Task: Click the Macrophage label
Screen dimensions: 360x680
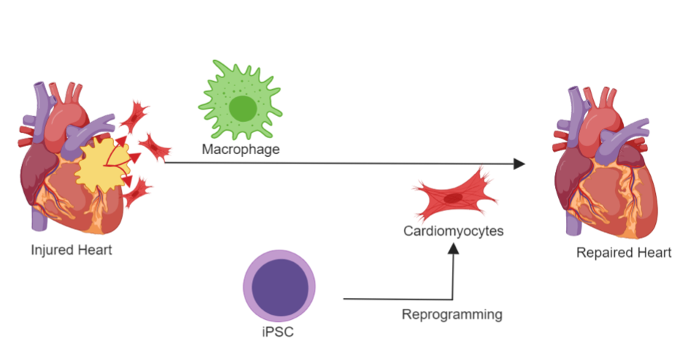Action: pyautogui.click(x=241, y=150)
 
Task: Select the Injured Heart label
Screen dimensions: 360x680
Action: pyautogui.click(x=71, y=250)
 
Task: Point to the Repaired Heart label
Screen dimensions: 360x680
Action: pyautogui.click(x=623, y=253)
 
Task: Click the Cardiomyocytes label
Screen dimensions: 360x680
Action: pyautogui.click(x=454, y=231)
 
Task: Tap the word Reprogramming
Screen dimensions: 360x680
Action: pyautogui.click(x=452, y=315)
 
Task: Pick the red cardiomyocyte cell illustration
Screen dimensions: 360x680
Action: pyautogui.click(x=452, y=196)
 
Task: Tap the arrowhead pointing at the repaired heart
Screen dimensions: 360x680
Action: pyautogui.click(x=519, y=164)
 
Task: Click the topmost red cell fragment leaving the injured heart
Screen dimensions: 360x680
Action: pyautogui.click(x=135, y=114)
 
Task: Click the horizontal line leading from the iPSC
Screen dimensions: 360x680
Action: pyautogui.click(x=394, y=299)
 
